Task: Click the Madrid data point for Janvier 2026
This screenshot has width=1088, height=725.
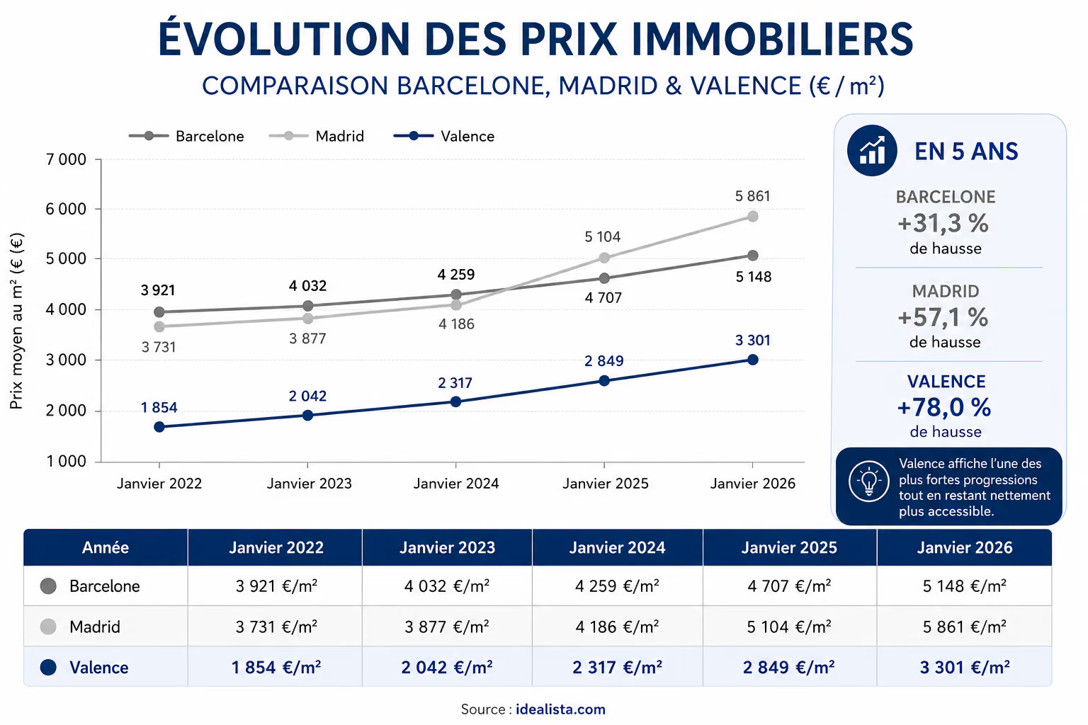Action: click(752, 217)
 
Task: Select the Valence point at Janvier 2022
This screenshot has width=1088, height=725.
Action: click(159, 427)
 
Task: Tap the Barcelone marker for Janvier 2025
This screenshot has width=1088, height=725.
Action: click(604, 278)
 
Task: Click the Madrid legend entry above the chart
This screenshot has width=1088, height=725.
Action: click(316, 136)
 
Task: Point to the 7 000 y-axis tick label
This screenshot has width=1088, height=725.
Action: click(66, 159)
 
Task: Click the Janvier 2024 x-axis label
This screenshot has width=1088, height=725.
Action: click(456, 484)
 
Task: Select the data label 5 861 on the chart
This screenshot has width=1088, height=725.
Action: click(752, 196)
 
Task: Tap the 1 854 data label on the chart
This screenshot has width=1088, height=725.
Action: click(159, 407)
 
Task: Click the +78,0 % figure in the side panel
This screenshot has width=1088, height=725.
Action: click(944, 407)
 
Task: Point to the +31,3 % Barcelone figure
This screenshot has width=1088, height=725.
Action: click(943, 223)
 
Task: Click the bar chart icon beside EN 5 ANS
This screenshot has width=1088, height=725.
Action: click(872, 151)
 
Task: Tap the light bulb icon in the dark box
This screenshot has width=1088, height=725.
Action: click(869, 481)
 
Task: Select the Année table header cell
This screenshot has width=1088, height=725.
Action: click(106, 547)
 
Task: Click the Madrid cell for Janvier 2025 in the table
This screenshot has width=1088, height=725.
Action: click(789, 627)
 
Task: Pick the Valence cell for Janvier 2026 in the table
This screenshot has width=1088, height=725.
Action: click(965, 667)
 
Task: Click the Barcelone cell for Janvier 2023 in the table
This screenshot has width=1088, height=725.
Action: click(447, 586)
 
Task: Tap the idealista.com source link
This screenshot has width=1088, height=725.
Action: click(560, 709)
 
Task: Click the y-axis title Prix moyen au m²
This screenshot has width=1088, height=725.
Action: click(16, 321)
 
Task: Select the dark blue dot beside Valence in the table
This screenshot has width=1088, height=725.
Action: click(48, 667)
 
